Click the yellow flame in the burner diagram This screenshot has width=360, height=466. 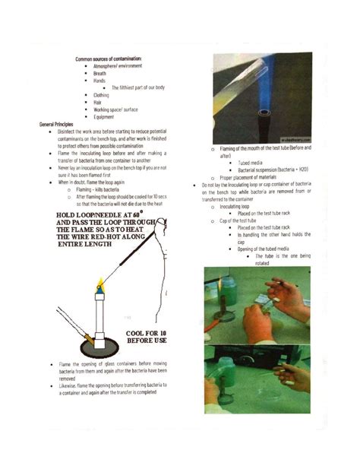pos(99,284)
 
